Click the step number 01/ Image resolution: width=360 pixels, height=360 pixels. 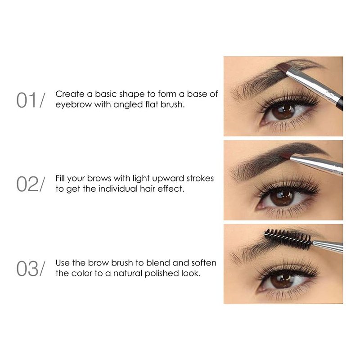click(x=31, y=100)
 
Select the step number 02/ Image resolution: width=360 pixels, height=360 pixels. click(x=31, y=184)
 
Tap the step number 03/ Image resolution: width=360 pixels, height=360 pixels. click(x=31, y=269)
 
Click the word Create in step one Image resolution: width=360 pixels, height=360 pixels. click(x=70, y=94)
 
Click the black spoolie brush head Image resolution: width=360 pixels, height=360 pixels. click(x=288, y=239)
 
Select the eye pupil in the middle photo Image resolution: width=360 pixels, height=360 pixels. click(x=282, y=197)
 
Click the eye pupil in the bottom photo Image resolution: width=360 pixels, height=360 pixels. click(x=282, y=281)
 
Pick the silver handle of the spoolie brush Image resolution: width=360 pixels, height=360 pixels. click(x=328, y=246)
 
